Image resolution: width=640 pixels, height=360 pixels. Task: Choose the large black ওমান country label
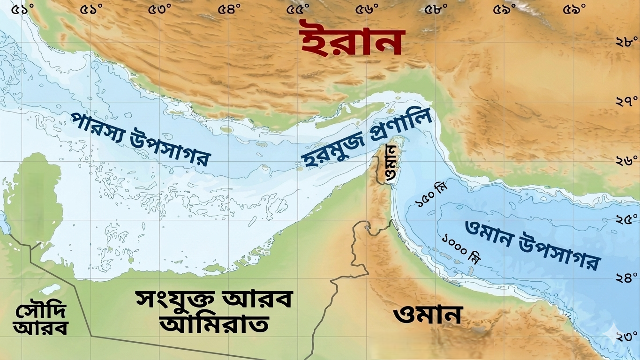[428, 315]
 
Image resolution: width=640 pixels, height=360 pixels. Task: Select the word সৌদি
[41, 310]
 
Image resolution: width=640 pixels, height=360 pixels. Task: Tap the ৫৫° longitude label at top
[299, 9]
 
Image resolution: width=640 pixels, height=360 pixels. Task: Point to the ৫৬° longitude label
[368, 9]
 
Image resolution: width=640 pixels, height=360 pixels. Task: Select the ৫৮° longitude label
[437, 9]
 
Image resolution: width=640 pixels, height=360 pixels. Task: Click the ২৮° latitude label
[626, 42]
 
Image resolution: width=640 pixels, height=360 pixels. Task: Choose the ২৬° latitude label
[626, 161]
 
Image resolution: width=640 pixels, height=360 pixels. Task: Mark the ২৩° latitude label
[626, 337]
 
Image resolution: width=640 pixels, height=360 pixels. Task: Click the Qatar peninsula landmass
[40, 197]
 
